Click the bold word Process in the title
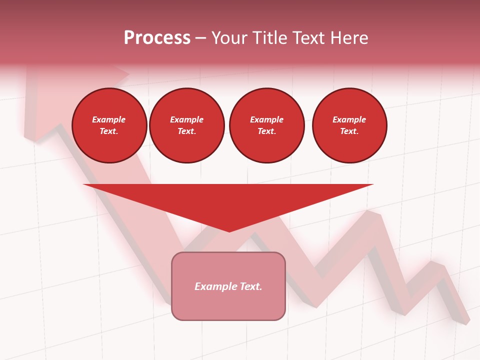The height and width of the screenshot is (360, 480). [157, 38]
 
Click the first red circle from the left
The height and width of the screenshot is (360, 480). [109, 125]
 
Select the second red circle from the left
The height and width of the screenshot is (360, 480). [187, 125]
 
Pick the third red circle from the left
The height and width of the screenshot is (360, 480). [267, 125]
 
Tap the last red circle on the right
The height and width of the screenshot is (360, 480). [349, 125]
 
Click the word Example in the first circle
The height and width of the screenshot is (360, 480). [109, 120]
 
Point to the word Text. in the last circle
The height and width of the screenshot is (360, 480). [349, 131]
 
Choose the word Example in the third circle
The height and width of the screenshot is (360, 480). [267, 120]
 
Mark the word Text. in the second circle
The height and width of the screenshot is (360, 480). [187, 131]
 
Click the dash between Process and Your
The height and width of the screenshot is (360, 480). [201, 38]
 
